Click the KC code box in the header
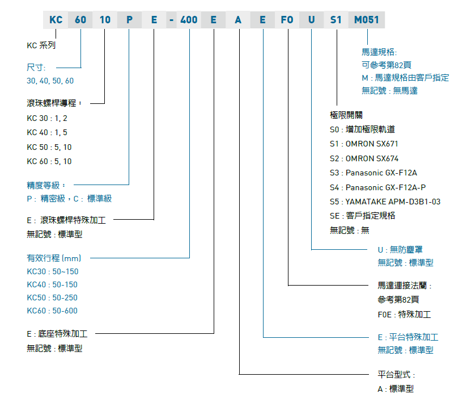coord(56,20)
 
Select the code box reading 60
coord(80,20)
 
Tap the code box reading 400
coord(189,20)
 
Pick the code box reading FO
coord(287,20)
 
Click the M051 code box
coord(366,20)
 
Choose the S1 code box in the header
coord(336,20)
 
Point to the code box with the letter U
coord(312,20)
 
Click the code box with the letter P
coord(130,20)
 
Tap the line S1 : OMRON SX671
coord(364,144)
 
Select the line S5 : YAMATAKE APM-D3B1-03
coord(385,202)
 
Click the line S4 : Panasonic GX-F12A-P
coord(377,187)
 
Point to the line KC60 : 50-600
coord(52,311)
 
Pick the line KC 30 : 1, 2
coord(47,118)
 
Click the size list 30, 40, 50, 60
coord(50,81)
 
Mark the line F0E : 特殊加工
coord(404,314)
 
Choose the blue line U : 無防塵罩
coord(400,249)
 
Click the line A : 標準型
coord(396,389)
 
